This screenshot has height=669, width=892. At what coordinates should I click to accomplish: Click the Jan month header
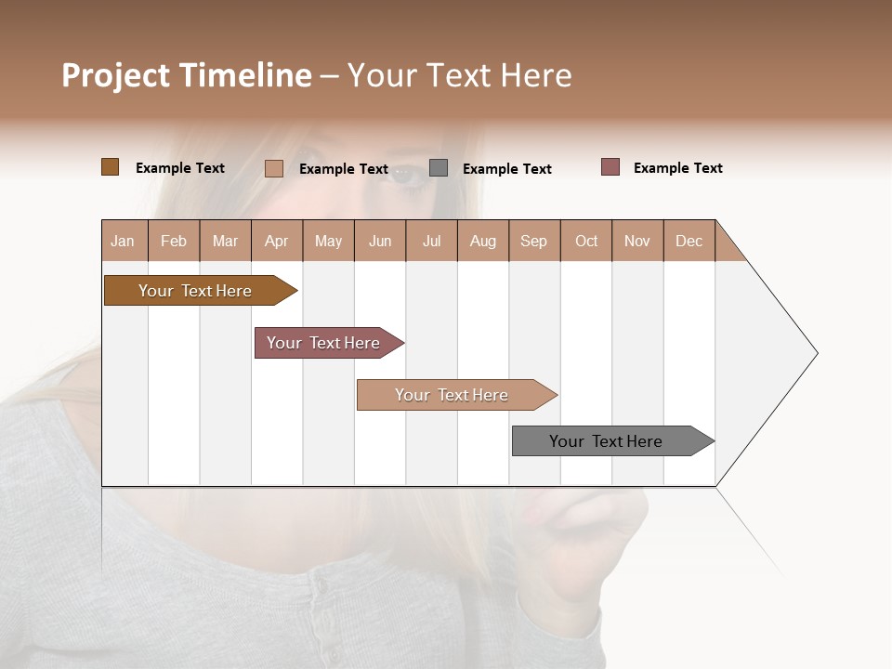[123, 242]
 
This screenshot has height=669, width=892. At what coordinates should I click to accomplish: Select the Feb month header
[174, 242]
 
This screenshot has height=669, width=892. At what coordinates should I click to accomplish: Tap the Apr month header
[277, 242]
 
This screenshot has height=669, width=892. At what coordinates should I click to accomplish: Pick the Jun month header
[380, 242]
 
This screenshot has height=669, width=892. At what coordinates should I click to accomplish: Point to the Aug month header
[483, 242]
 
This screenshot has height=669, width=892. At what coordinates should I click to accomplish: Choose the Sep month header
[534, 242]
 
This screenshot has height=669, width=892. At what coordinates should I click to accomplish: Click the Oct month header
[586, 242]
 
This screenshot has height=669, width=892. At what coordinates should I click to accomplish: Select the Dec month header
[689, 242]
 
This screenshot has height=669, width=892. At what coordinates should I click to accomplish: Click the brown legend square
[111, 167]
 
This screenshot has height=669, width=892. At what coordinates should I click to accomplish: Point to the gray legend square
[439, 168]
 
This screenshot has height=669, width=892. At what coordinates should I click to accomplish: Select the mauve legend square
[610, 167]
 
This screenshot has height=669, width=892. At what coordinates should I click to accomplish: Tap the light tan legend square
[274, 168]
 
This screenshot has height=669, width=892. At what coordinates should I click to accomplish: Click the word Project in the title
[115, 75]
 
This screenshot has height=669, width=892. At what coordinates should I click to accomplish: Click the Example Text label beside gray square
[507, 169]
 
